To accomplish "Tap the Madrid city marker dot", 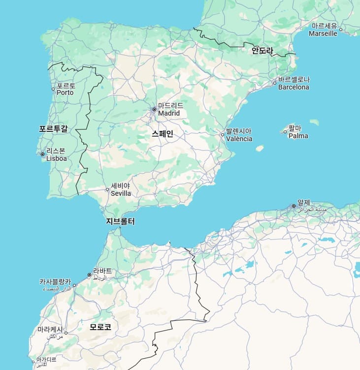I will pos(154,109).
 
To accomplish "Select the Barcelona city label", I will pos(294,83).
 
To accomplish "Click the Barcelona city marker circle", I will pos(275,83).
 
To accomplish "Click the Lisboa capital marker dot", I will pos(43,154).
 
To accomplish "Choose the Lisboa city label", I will pos(56,155).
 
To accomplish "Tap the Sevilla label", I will pos(121,189).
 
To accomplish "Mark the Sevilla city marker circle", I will pos(107,189).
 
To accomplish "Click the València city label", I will pos(239,135).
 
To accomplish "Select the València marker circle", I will pos(223,134).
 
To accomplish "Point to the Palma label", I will pos(298,132).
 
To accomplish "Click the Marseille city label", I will pos(323,30).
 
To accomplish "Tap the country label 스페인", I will pos(163,133).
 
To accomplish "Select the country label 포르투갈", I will pos(53,129).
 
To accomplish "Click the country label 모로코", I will pos(100,327).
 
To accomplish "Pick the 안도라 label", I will pos(262,50).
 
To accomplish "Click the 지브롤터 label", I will pos(120,221).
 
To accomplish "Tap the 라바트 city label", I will pos(102,274).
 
